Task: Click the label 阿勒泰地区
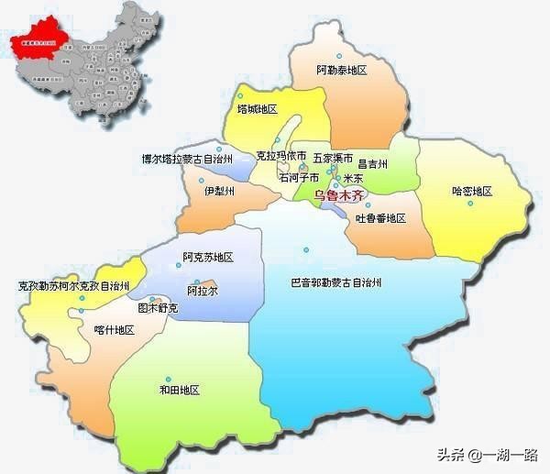(x=341, y=70)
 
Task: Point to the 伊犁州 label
(x=219, y=191)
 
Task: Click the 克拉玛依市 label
(x=281, y=158)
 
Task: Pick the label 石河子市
(x=300, y=177)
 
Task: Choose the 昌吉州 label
(x=373, y=164)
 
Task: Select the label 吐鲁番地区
(x=380, y=218)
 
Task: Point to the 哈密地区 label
(x=472, y=191)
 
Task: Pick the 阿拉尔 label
(x=202, y=291)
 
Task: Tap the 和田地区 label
(x=180, y=390)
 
